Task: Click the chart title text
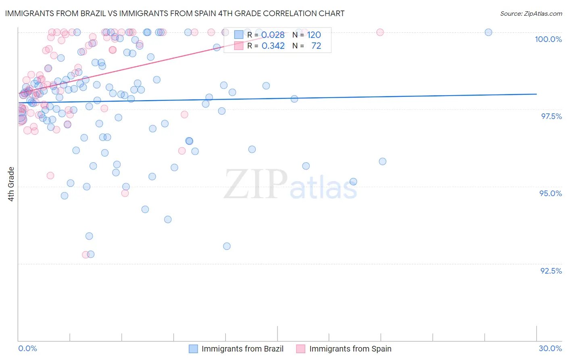pos(175,13)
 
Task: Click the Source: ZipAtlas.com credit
pos(531,13)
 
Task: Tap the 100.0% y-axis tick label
pos(548,39)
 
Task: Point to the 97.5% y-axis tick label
pos(551,116)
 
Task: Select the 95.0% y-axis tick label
pos(550,193)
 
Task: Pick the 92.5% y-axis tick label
pos(551,271)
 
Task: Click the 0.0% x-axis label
pos(27,348)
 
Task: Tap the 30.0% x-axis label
pos(550,348)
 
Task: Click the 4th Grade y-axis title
pos(11,184)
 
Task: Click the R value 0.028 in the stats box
pos(273,35)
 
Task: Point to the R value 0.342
pos(273,46)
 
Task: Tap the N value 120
pos(314,35)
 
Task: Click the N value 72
pos(316,46)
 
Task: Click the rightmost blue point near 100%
pos(488,32)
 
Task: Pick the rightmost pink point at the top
pos(380,32)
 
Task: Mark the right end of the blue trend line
pos(536,94)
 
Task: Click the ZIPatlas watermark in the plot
pos(290,185)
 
